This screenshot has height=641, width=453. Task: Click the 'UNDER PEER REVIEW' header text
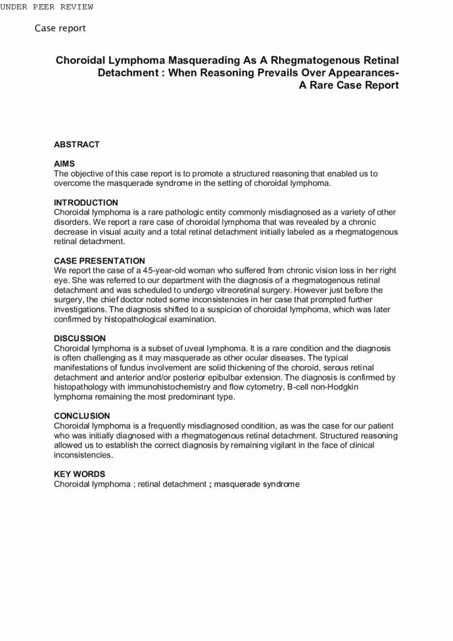(x=46, y=7)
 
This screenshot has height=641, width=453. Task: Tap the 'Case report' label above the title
(x=60, y=28)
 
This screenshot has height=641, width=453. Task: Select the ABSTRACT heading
(x=76, y=145)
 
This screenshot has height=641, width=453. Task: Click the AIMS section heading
(x=64, y=164)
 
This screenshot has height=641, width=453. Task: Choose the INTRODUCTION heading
(x=86, y=203)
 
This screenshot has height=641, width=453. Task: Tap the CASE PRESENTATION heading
(x=99, y=260)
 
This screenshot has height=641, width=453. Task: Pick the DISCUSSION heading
(x=79, y=338)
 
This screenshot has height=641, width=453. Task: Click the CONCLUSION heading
(x=82, y=416)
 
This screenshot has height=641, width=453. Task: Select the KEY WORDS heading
(x=79, y=474)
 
